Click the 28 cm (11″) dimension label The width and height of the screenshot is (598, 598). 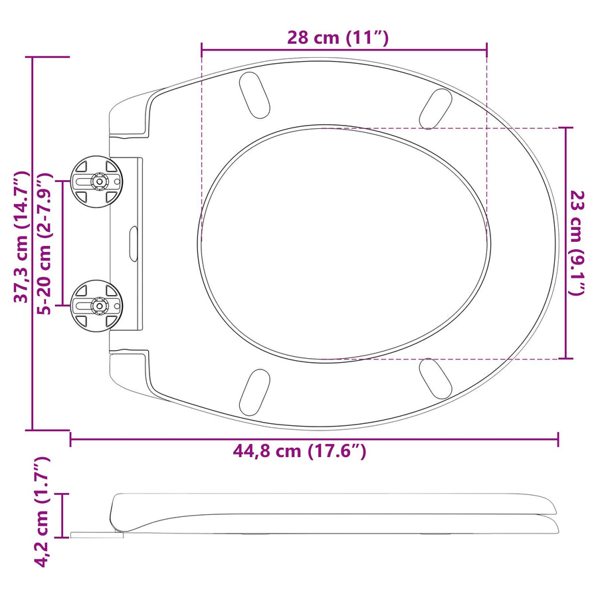coord(338,38)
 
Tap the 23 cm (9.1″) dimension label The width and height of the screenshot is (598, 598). coord(577,243)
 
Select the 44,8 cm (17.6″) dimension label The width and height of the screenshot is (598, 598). coord(300,451)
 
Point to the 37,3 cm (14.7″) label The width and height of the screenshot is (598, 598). coord(21,237)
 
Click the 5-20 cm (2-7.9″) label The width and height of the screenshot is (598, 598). coord(44,243)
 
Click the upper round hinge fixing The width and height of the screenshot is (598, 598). coord(97,181)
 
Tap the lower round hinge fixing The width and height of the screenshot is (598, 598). coord(97,306)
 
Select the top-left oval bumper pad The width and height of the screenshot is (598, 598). coord(254,94)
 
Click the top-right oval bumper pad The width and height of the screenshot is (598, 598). coord(435,109)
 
